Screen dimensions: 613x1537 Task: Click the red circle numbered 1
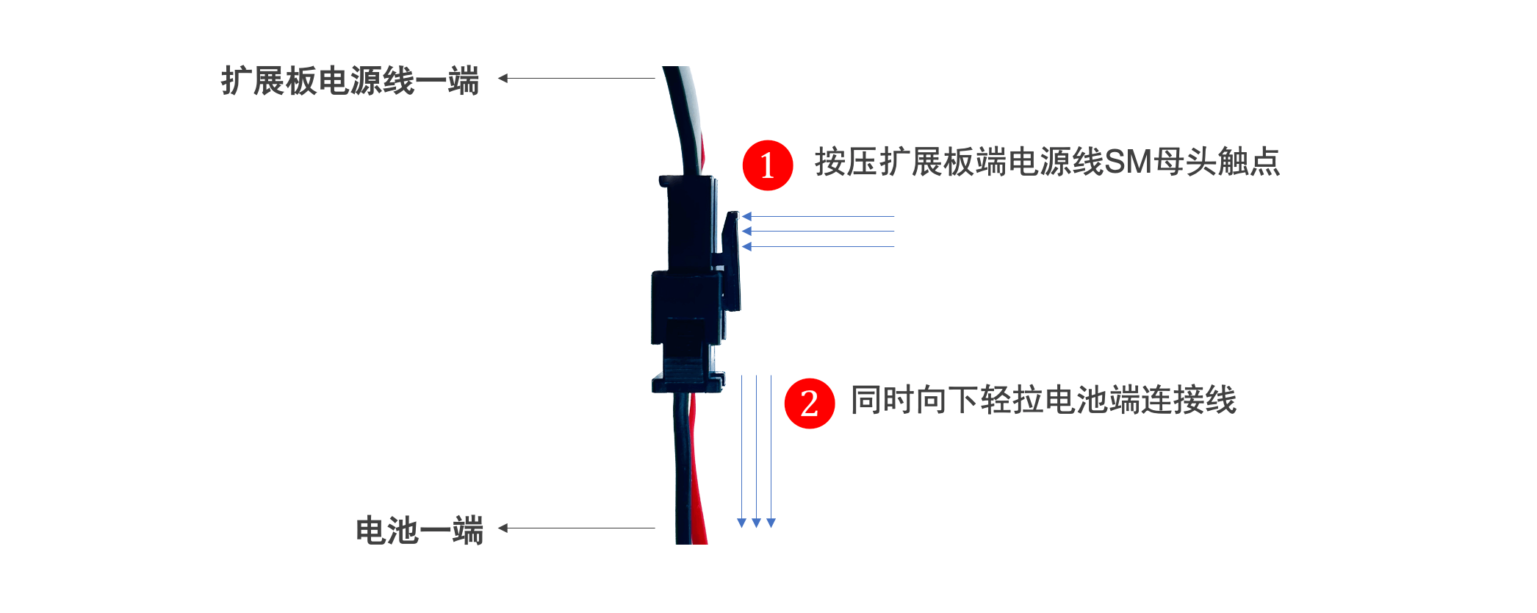point(767,165)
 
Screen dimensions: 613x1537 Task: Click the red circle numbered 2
point(809,403)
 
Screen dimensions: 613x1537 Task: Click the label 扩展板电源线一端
point(350,80)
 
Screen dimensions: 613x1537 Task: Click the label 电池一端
point(419,530)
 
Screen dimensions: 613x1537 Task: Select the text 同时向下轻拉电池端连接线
point(1043,401)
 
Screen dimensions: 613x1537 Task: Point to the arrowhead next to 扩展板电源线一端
point(503,78)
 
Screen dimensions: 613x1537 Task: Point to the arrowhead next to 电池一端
point(503,528)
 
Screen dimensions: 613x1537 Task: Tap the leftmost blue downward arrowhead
point(741,523)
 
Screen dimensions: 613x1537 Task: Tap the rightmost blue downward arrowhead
point(771,523)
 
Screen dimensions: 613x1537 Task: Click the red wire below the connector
point(698,478)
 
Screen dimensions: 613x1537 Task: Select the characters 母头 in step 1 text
point(1184,162)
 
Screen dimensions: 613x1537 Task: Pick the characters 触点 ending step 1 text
point(1249,162)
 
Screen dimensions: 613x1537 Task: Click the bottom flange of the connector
point(688,382)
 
